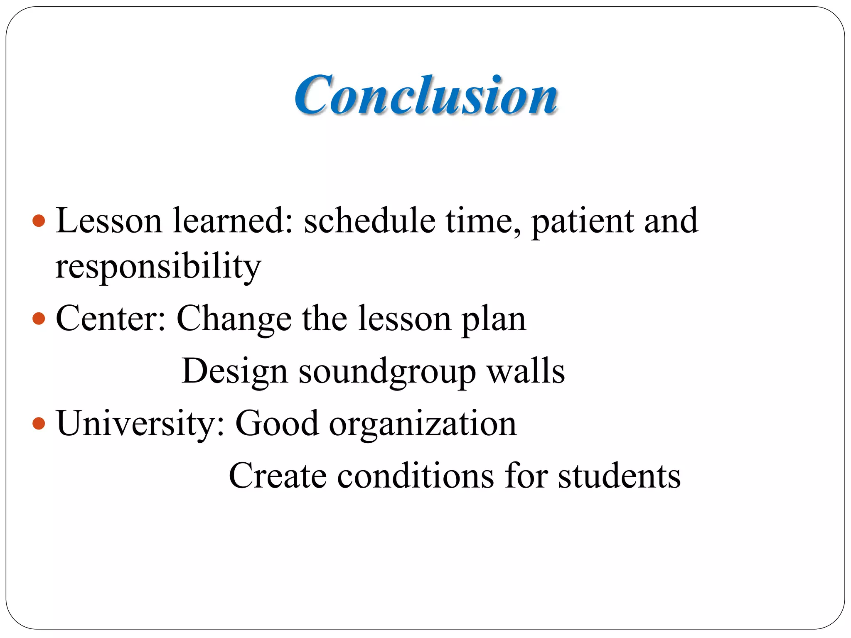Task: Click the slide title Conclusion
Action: point(426,95)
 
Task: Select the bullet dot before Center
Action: point(38,319)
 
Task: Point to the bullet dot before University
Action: point(38,424)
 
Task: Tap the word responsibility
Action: point(158,267)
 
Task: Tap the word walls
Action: point(526,371)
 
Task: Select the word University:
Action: point(141,424)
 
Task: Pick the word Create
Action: point(278,476)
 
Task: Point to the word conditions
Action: point(416,476)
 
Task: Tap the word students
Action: point(619,476)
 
